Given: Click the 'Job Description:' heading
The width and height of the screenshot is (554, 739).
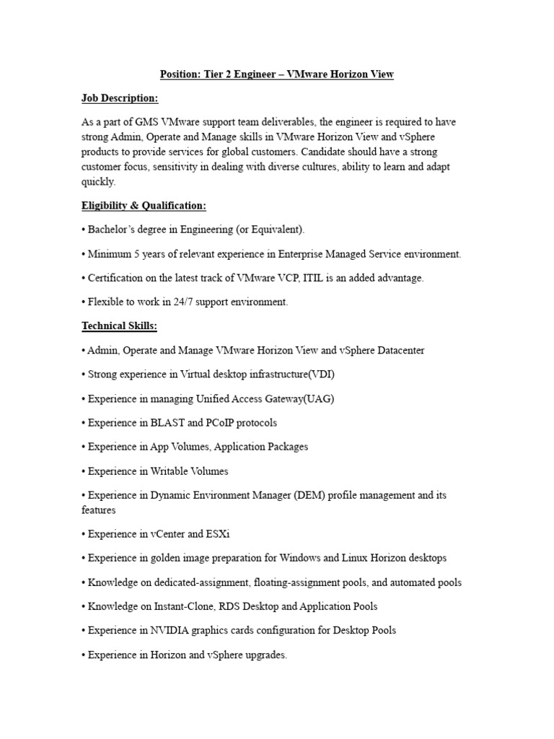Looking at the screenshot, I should pyautogui.click(x=120, y=98).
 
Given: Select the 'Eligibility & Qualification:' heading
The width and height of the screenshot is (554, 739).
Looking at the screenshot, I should pyautogui.click(x=144, y=206).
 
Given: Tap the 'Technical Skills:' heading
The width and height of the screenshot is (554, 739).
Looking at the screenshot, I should pyautogui.click(x=119, y=326).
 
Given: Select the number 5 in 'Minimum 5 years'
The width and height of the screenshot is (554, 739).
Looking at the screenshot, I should pyautogui.click(x=133, y=254).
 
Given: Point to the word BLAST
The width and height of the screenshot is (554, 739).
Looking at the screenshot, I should pyautogui.click(x=168, y=423).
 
